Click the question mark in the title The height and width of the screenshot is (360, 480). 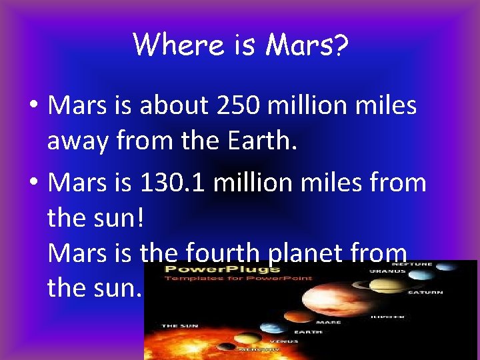[341, 45]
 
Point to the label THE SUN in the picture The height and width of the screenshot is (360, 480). [178, 326]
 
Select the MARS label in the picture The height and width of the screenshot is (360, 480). [329, 322]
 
